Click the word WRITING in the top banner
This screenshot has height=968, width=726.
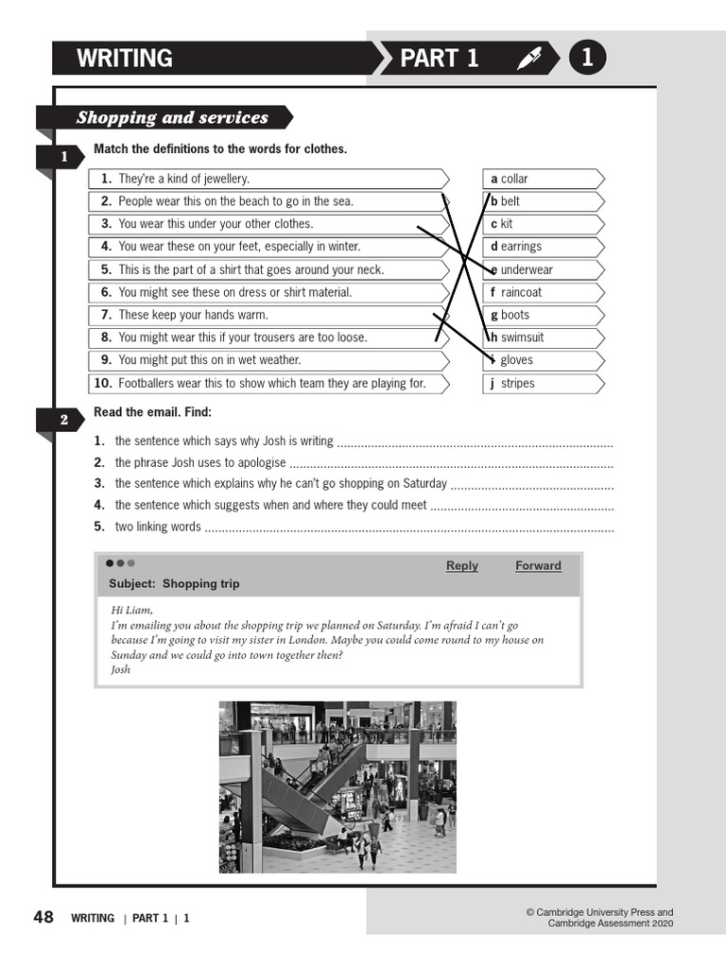click(124, 59)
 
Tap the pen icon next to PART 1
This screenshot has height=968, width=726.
click(529, 59)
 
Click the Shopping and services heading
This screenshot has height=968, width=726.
click(172, 118)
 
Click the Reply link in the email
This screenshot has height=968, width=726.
click(461, 565)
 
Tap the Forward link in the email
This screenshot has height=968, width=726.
click(538, 565)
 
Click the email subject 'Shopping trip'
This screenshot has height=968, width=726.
click(174, 583)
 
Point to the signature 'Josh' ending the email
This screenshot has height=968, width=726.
click(120, 669)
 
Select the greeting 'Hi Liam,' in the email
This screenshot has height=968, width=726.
click(131, 610)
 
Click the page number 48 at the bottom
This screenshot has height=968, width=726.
click(43, 917)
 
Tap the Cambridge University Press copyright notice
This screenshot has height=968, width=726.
click(599, 918)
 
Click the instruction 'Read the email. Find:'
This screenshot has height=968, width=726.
click(152, 412)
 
